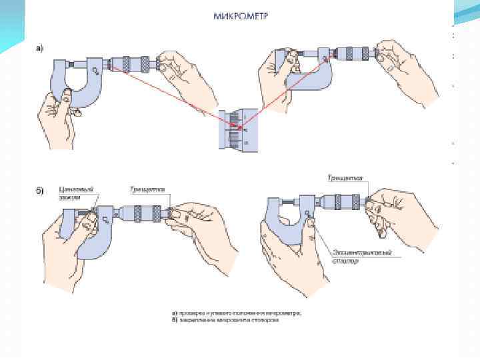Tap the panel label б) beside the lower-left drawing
tap(39, 191)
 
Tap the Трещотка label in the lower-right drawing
tap(345, 179)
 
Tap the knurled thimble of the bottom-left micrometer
tap(144, 212)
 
